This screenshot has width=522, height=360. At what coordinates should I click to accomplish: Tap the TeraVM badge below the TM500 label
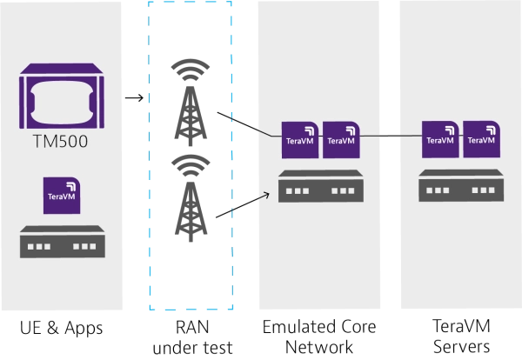62,196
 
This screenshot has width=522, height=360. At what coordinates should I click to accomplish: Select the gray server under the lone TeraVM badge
62,241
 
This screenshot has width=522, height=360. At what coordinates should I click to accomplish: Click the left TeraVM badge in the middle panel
300,139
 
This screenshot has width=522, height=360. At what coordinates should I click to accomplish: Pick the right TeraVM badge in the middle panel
341,139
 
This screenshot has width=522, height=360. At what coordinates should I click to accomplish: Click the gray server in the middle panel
320,186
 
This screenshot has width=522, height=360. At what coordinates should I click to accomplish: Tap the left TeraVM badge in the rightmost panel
440,139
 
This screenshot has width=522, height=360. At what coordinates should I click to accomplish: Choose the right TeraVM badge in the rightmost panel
481,139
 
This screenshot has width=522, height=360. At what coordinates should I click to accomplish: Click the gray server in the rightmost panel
460,186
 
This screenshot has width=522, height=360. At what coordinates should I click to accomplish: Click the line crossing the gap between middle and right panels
390,136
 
